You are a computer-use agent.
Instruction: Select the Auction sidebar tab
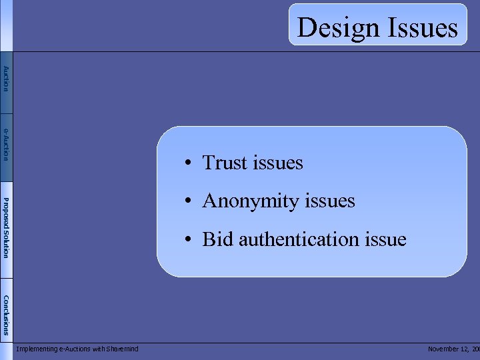click(6, 79)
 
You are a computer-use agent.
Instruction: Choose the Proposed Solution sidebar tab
click(6, 227)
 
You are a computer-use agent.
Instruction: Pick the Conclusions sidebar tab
click(6, 315)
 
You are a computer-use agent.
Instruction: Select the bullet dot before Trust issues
click(190, 163)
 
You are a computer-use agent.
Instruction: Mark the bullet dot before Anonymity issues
click(190, 201)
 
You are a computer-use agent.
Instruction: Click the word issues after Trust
click(279, 163)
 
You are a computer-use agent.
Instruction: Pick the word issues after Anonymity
click(331, 201)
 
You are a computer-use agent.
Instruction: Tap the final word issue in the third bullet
click(385, 239)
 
